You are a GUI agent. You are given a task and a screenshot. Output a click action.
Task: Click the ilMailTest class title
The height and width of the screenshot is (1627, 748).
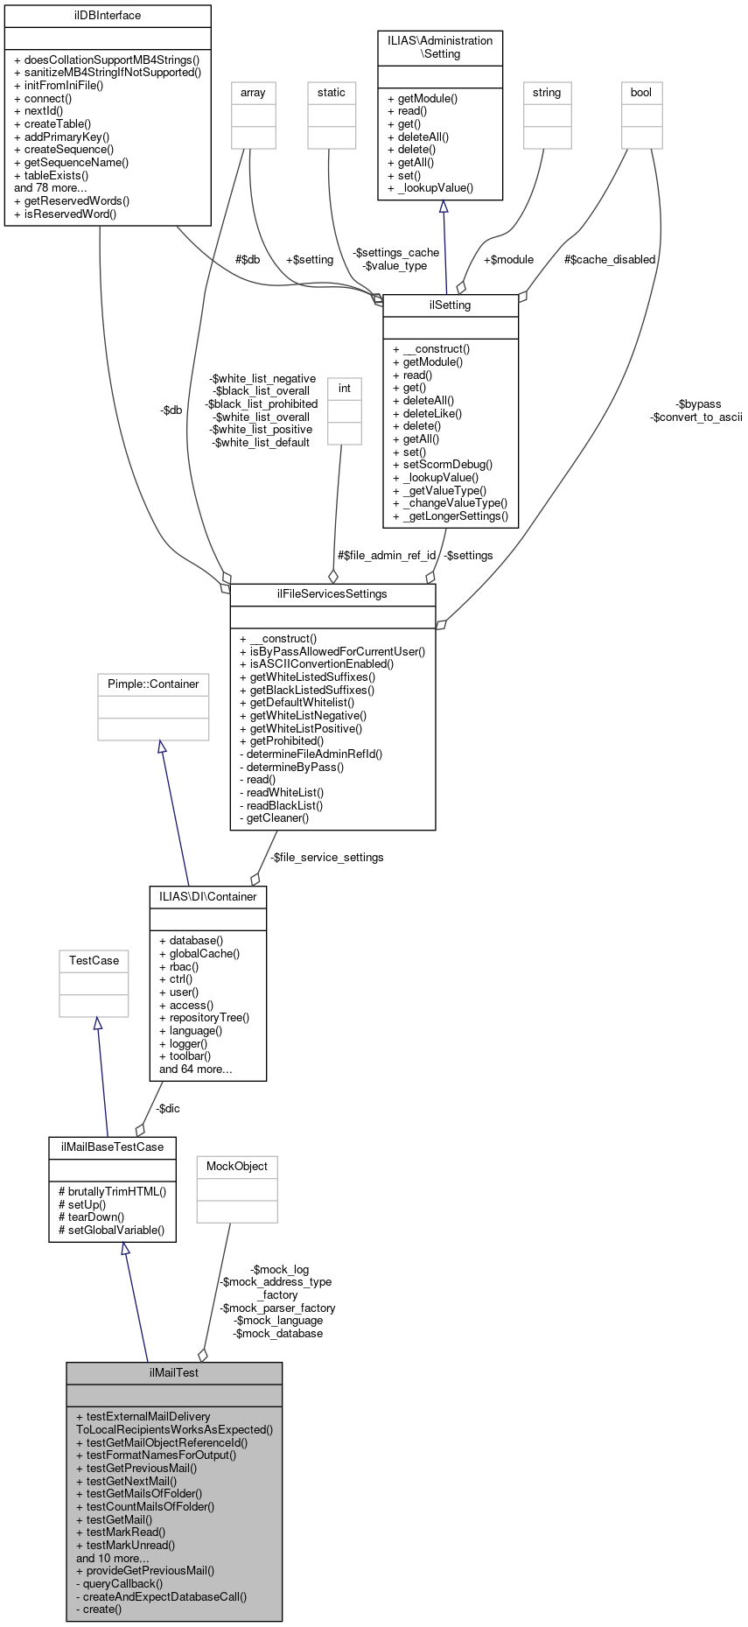tap(173, 1372)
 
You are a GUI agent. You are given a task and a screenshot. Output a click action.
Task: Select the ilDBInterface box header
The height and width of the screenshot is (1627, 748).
tap(108, 16)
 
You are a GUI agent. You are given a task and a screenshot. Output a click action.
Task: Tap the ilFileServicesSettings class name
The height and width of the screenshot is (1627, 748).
tap(332, 594)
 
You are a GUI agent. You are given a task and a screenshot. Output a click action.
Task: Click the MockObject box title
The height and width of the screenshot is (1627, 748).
tap(237, 1167)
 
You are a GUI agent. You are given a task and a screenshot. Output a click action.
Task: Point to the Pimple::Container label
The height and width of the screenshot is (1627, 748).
tap(153, 684)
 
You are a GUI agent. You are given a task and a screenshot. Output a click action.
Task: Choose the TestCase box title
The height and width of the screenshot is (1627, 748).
tap(94, 961)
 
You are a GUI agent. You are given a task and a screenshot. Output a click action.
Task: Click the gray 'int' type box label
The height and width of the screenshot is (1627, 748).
tap(345, 389)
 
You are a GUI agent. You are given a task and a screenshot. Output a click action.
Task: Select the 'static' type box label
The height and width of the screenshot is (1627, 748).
tap(332, 93)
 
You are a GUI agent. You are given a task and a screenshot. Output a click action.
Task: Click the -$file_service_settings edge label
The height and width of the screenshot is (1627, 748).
tap(326, 858)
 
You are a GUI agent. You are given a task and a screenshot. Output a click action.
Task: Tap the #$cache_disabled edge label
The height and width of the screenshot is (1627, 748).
tap(610, 260)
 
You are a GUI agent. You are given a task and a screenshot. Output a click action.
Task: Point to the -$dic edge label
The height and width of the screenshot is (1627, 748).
tap(168, 1109)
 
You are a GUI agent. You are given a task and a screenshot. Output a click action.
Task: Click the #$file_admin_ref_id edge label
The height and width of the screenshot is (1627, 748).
tap(387, 556)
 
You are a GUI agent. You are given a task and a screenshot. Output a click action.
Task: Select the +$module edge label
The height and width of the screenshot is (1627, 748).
tap(508, 260)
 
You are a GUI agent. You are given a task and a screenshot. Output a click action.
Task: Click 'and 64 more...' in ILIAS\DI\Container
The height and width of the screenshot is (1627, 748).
tap(196, 1069)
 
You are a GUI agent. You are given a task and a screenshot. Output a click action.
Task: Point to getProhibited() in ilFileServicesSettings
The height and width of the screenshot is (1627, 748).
tap(286, 741)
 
